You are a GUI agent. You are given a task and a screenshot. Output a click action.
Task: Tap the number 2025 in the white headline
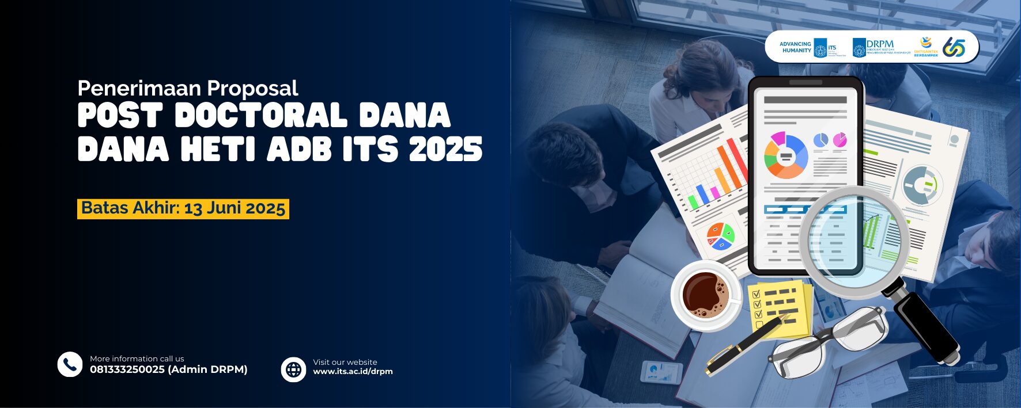point(445,150)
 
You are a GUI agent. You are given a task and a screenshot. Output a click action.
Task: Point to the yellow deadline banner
point(183,208)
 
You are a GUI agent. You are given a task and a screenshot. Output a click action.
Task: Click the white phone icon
point(70,364)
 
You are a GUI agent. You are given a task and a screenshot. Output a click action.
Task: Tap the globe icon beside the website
point(293,369)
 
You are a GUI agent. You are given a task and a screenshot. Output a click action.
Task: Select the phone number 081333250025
point(127,370)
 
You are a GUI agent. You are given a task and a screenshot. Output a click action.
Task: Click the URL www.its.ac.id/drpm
point(353,372)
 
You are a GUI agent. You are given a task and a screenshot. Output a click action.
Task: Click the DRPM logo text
point(880,44)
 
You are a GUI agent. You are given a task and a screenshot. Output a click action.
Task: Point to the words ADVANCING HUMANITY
point(795,47)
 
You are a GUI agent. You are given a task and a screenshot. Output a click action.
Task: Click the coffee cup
point(706,295)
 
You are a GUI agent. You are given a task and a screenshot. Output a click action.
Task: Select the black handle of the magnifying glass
point(925,325)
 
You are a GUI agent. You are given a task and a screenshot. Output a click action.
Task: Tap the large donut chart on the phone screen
point(785,155)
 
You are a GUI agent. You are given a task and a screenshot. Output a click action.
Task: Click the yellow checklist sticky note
point(779,308)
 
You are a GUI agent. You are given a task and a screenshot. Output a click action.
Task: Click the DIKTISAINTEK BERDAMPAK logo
point(926,47)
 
